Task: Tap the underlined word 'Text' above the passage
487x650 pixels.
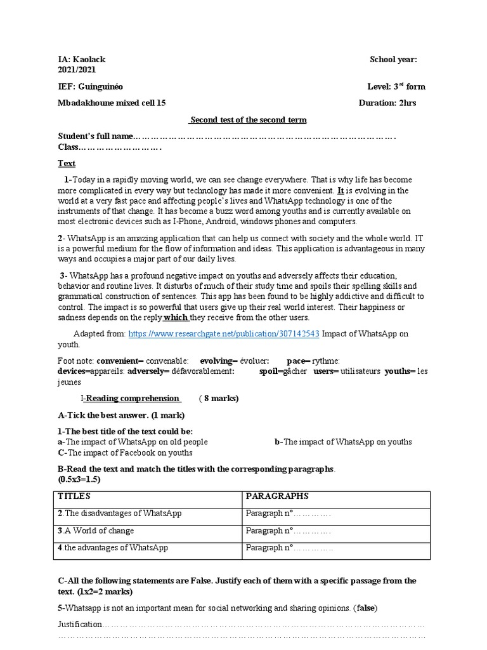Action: pos(67,163)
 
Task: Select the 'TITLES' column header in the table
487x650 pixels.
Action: pos(75,496)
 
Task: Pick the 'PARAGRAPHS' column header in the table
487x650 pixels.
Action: pos(277,496)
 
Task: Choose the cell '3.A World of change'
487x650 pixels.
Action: pos(96,531)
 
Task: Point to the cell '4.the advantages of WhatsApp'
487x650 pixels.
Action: pos(113,547)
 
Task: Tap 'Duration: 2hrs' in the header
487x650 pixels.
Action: pos(387,103)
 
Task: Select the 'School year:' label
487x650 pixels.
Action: pos(393,60)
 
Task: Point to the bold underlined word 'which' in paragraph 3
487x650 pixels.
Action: pos(176,317)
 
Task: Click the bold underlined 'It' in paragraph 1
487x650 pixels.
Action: pos(341,190)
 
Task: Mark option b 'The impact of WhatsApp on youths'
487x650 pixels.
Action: pos(343,442)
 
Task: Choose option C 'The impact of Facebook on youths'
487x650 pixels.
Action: pos(125,453)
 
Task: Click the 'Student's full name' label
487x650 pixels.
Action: pos(96,136)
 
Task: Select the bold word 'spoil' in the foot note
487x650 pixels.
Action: pos(269,371)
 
